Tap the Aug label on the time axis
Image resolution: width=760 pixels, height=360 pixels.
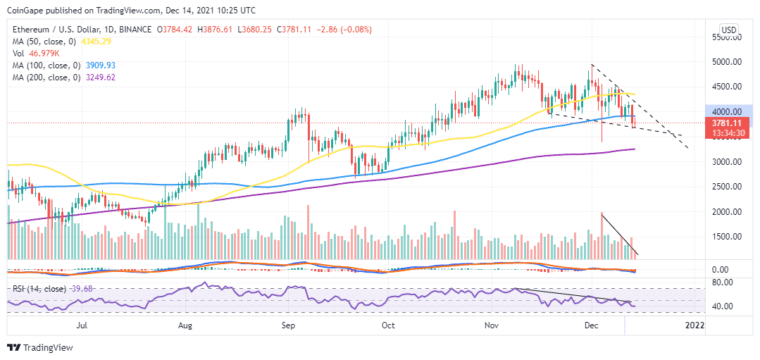(x=185, y=325)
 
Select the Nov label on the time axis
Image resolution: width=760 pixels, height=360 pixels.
(x=492, y=325)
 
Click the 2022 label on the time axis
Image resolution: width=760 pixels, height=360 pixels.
(x=694, y=325)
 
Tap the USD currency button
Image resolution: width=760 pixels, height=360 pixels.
(x=729, y=30)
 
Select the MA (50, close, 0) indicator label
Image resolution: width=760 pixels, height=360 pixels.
(x=41, y=42)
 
